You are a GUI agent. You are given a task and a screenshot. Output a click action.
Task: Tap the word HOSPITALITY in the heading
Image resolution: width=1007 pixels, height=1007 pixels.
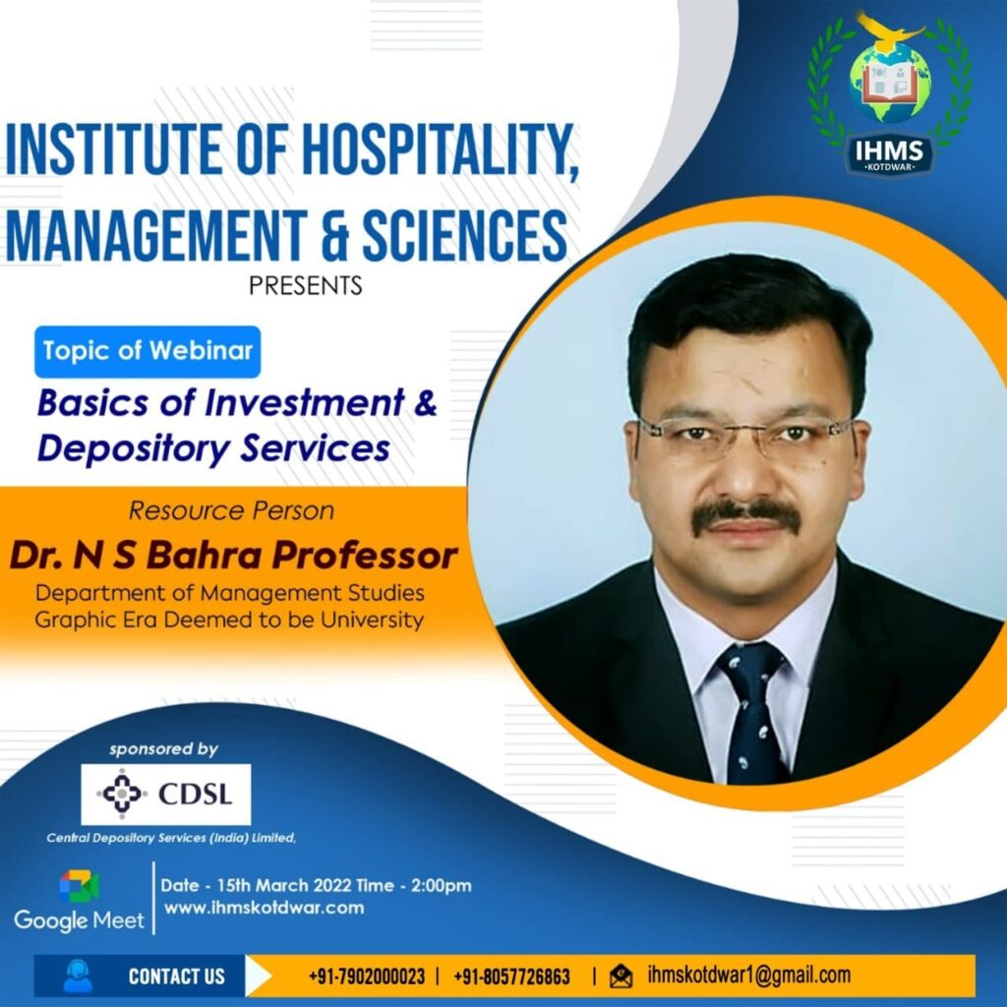441,148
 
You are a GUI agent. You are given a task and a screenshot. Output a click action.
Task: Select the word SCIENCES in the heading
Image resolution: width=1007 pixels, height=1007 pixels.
464,235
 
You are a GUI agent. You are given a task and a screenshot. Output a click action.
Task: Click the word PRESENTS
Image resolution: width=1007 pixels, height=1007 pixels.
306,285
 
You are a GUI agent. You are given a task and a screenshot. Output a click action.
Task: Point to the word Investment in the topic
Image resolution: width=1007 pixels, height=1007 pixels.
304,402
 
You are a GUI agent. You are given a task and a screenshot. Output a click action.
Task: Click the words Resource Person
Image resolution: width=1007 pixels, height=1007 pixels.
231,510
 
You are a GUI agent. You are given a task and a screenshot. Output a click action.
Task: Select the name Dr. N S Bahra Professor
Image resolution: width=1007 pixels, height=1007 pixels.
233,556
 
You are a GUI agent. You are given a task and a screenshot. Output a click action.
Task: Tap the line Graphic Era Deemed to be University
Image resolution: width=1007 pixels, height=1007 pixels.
229,621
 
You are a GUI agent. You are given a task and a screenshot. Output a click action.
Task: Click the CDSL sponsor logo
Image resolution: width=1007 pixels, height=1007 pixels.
165,795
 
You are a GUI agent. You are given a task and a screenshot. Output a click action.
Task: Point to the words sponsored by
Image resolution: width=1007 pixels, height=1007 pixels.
163,748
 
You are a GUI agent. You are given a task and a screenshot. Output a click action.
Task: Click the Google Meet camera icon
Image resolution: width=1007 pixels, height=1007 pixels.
80,886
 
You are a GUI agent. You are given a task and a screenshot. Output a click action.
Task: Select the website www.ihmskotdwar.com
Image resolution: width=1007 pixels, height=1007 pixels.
264,908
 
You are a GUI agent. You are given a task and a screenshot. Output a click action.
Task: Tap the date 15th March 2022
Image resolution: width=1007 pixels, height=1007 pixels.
284,886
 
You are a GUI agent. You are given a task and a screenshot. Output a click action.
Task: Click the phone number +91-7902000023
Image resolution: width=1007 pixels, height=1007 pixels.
367,977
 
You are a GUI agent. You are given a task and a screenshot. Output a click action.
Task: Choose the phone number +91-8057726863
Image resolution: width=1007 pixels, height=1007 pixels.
511,977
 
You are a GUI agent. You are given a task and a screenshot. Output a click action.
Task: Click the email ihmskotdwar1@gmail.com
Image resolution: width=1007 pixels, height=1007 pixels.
748,975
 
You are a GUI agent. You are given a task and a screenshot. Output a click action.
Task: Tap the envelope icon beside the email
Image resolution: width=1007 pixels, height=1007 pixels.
621,977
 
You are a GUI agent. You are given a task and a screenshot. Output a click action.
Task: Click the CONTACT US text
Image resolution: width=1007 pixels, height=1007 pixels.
177,977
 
